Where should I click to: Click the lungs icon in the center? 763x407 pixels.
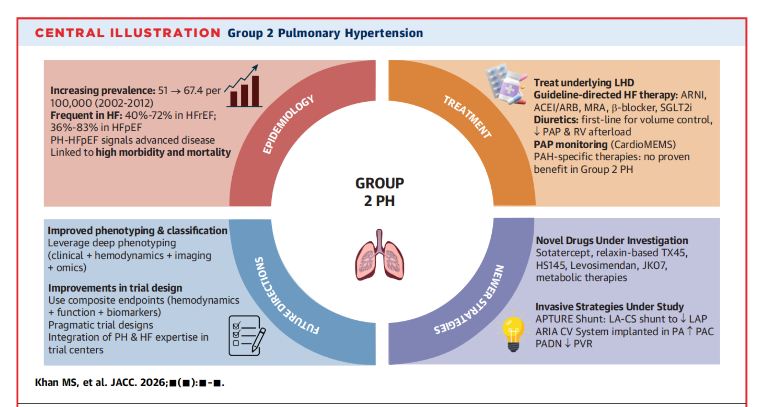pyautogui.click(x=379, y=255)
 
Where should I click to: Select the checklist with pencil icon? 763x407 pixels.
pyautogui.click(x=247, y=336)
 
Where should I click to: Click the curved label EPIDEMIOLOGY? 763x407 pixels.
pyautogui.click(x=288, y=124)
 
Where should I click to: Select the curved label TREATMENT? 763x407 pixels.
pyautogui.click(x=467, y=117)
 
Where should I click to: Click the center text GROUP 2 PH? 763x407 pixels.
pyautogui.click(x=379, y=192)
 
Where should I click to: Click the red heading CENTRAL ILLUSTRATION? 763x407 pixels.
pyautogui.click(x=128, y=33)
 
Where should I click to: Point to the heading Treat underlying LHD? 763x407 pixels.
pyautogui.click(x=584, y=83)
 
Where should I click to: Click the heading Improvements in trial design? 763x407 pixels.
pyautogui.click(x=115, y=288)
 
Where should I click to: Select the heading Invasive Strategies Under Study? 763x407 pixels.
pyautogui.click(x=609, y=307)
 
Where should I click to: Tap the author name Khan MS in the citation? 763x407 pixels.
pyautogui.click(x=57, y=383)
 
